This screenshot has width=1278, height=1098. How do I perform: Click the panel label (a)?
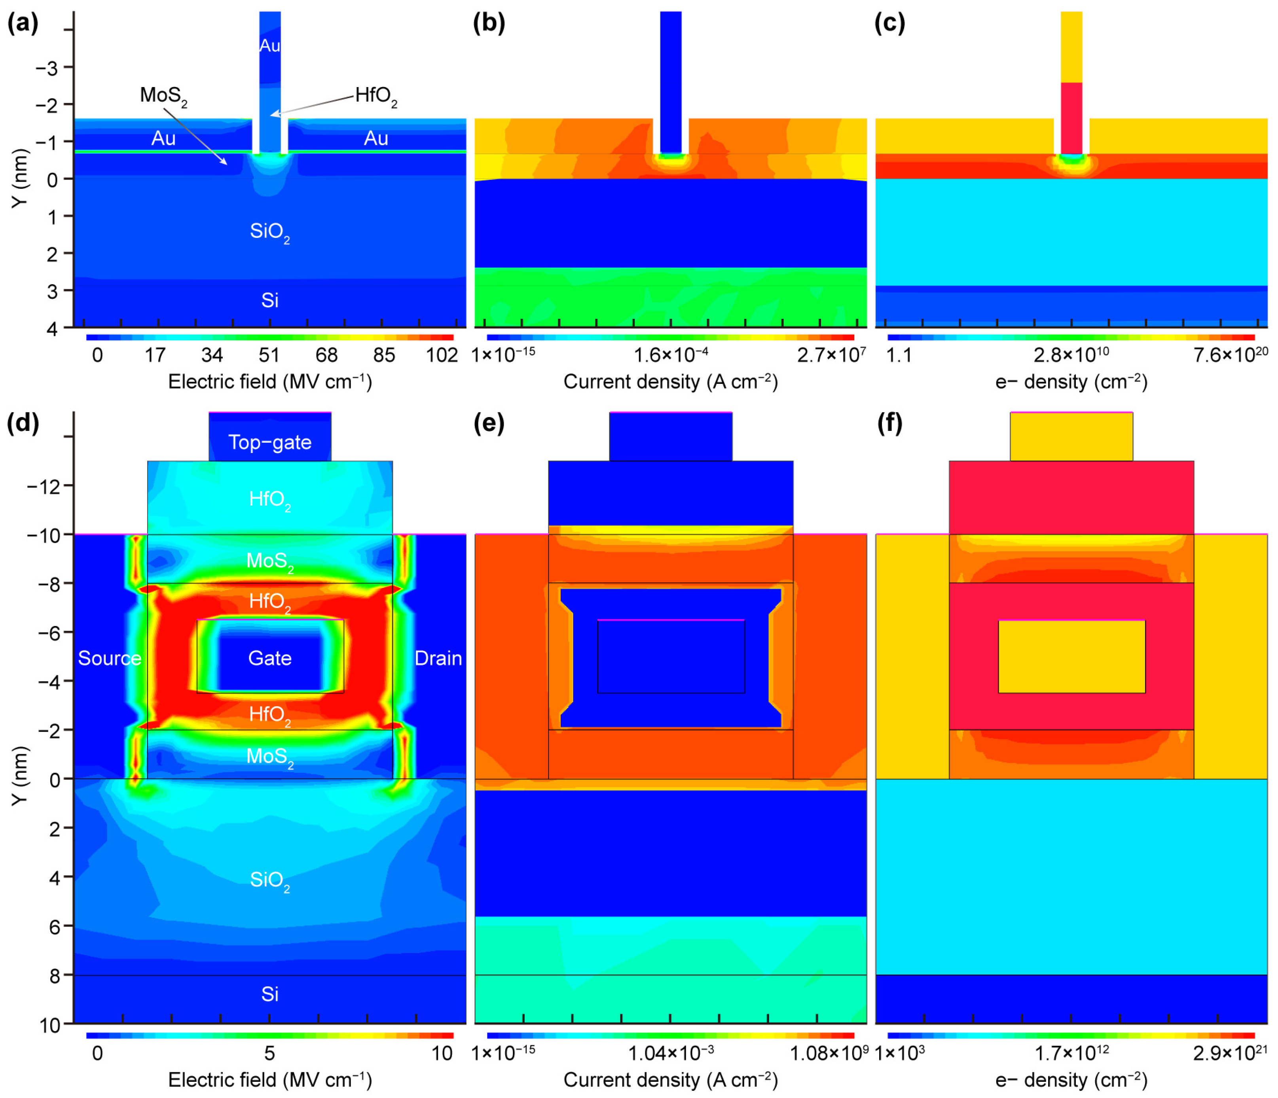click(x=23, y=23)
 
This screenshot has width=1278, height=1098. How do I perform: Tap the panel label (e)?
click(x=489, y=424)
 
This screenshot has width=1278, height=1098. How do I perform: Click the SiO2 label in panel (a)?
click(x=269, y=232)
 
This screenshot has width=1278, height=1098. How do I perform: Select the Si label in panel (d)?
click(x=269, y=994)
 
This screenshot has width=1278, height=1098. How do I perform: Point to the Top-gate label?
click(x=269, y=442)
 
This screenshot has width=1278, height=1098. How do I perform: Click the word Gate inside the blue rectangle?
click(x=269, y=658)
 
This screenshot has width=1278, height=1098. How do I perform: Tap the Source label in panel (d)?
click(x=109, y=658)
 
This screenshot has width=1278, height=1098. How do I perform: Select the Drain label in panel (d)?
click(x=438, y=658)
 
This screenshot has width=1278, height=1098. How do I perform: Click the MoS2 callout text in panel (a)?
click(x=163, y=96)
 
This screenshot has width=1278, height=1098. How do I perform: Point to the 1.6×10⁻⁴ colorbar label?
click(x=671, y=355)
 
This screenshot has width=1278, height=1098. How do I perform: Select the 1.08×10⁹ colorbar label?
click(x=829, y=1053)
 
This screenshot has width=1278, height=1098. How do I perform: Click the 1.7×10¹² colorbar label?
click(x=1071, y=1053)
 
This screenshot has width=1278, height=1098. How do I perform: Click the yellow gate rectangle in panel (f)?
click(x=1071, y=656)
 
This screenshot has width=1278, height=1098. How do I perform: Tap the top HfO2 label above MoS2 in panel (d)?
click(x=269, y=499)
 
